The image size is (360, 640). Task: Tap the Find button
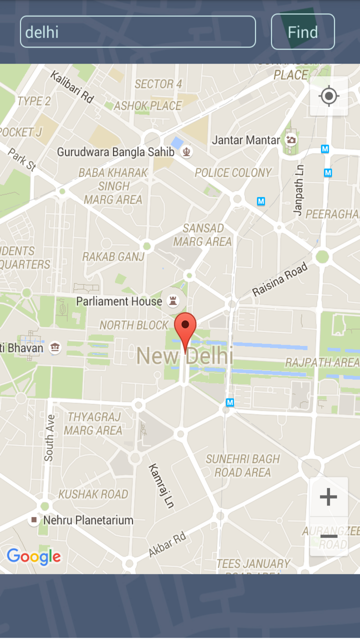302,32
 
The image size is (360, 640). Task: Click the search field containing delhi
137,32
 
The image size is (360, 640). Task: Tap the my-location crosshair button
328,96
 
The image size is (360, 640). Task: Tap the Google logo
33,556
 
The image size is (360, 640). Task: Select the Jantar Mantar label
245,140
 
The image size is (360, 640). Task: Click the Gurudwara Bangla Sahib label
115,151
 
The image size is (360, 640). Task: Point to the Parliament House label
119,301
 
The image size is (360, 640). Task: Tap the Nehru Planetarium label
88,520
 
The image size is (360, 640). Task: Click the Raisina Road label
280,279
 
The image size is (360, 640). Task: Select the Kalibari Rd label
72,86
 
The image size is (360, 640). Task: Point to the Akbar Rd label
167,544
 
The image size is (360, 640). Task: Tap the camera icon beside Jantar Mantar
290,140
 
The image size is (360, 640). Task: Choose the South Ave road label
49,438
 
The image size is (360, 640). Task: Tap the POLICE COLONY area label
233,173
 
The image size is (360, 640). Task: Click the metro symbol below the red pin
230,402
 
